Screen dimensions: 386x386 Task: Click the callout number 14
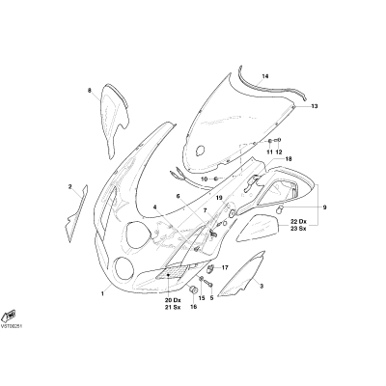tap(265, 76)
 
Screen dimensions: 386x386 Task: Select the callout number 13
tap(315, 106)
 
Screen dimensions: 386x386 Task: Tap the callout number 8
tap(90, 91)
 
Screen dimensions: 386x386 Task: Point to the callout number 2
tap(69, 186)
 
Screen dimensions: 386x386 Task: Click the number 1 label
tap(102, 293)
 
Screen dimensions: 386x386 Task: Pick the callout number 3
tap(262, 286)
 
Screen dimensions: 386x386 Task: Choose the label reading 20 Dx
tap(173, 300)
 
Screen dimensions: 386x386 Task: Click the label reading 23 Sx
tap(298, 229)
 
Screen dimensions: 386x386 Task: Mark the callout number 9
tap(324, 207)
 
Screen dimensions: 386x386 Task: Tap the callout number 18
tap(289, 159)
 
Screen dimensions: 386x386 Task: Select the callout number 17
tap(225, 267)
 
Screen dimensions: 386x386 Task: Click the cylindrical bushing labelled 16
tap(194, 289)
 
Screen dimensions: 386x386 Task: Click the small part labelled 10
tap(216, 179)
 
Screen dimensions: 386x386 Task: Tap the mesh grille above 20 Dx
tap(172, 272)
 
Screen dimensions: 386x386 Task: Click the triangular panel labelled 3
tap(243, 276)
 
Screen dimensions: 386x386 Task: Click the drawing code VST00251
tap(12, 326)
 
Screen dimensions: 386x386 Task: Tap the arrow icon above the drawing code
tap(9, 316)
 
